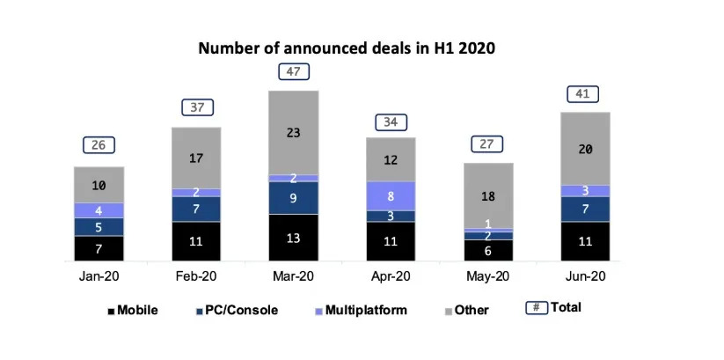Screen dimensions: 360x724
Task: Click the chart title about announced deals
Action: [x=347, y=48]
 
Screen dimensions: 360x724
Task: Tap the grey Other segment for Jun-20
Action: [x=584, y=148]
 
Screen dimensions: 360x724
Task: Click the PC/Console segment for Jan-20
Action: [x=98, y=227]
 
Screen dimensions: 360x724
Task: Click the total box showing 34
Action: [x=391, y=121]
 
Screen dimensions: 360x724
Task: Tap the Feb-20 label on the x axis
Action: [x=195, y=276]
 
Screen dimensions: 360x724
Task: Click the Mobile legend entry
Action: [x=132, y=309]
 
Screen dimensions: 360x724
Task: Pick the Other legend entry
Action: [x=467, y=310]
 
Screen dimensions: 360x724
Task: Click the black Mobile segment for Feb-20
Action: [x=195, y=240]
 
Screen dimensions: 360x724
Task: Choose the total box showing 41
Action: [x=584, y=94]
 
